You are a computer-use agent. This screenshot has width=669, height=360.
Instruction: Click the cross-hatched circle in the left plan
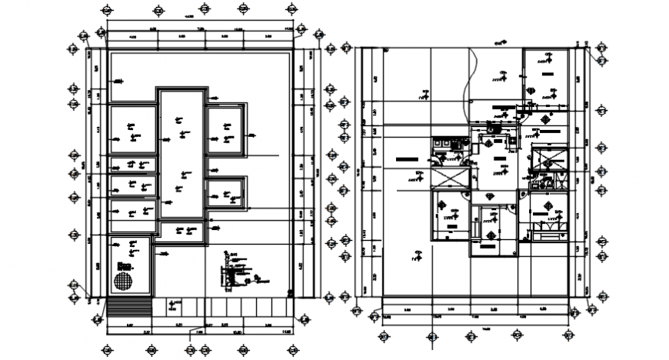pos(123,280)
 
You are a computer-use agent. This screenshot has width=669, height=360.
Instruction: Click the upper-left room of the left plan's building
pos(131,127)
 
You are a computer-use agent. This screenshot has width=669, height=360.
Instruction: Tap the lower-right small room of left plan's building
pos(228,192)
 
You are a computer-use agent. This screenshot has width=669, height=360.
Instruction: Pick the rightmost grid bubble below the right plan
pos(568,336)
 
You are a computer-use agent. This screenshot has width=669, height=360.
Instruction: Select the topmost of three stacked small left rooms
pos(133,165)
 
